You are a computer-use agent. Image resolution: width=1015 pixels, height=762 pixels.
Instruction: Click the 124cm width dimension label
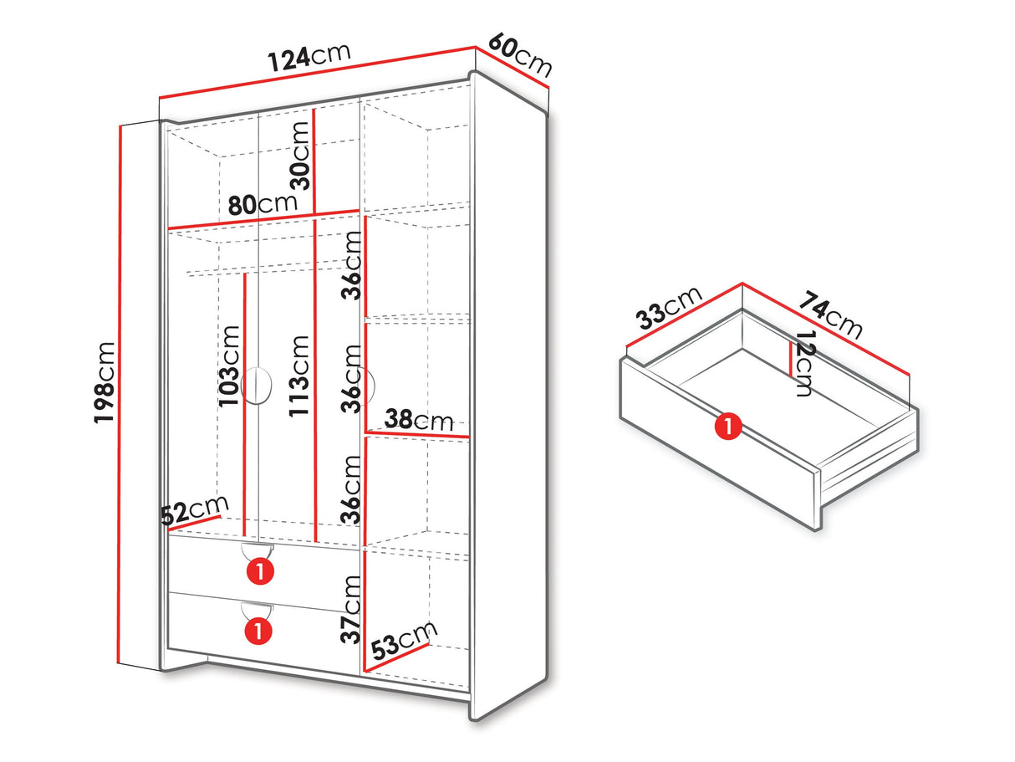click(x=309, y=58)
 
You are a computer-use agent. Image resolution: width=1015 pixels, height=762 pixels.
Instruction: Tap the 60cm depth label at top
click(x=520, y=54)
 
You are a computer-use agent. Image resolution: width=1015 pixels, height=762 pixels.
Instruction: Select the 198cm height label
click(x=104, y=382)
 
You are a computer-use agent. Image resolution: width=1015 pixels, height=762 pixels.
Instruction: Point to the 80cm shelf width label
click(x=263, y=204)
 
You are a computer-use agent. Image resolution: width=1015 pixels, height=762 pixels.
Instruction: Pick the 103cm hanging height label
click(x=229, y=366)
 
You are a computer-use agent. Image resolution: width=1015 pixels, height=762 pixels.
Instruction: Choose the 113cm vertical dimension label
click(x=298, y=376)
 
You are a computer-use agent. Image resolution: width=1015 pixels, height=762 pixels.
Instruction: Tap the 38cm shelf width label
click(x=419, y=419)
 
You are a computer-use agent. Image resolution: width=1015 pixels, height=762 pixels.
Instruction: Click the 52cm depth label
click(x=195, y=510)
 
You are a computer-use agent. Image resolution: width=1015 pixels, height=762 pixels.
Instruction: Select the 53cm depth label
click(x=404, y=641)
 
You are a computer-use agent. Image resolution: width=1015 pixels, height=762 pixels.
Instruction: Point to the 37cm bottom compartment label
click(x=350, y=610)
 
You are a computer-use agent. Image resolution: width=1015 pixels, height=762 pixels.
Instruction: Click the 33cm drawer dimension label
click(x=669, y=308)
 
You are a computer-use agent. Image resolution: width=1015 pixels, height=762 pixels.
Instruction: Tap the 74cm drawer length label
click(x=830, y=315)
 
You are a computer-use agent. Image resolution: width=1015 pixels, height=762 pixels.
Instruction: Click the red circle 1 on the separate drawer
click(x=728, y=427)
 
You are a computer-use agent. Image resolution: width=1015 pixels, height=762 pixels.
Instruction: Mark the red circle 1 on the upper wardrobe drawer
click(x=260, y=572)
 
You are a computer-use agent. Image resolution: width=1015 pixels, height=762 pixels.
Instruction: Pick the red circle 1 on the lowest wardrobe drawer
click(x=258, y=631)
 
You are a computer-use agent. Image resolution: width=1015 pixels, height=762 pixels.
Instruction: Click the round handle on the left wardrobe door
click(x=258, y=386)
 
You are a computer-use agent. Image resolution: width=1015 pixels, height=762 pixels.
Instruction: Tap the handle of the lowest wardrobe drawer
click(x=258, y=611)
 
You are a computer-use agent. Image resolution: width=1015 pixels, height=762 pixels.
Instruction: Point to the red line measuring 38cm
click(x=417, y=433)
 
